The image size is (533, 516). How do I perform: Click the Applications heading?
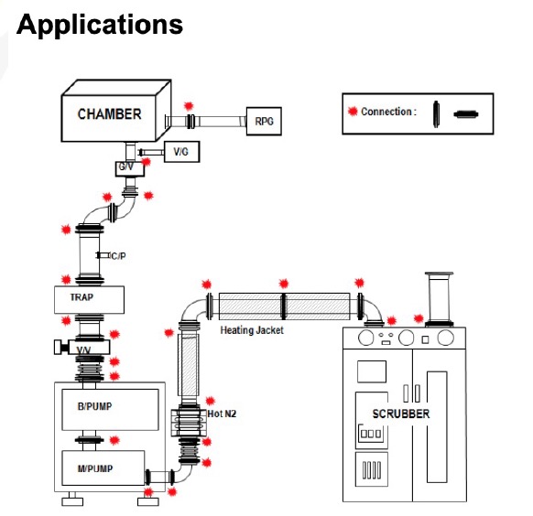[100, 26]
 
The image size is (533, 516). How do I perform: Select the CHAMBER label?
[110, 114]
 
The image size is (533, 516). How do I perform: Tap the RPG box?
[264, 121]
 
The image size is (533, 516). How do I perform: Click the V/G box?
[181, 151]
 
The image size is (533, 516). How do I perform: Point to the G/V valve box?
[129, 168]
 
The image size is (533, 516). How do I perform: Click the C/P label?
[119, 256]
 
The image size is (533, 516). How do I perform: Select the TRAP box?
[89, 300]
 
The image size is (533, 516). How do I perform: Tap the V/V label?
[83, 350]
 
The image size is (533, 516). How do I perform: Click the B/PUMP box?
[110, 409]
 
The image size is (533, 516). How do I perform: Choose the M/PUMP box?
[103, 468]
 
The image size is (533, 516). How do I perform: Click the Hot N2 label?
[222, 414]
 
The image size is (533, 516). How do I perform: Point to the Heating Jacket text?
[252, 330]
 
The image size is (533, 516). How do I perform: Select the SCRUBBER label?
[401, 414]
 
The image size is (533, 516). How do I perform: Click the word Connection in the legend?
[386, 112]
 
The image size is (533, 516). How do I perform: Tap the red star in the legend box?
[353, 111]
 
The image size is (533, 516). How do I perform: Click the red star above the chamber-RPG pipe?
[189, 106]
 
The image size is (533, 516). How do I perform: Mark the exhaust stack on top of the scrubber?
[440, 299]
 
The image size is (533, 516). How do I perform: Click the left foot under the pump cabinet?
[72, 500]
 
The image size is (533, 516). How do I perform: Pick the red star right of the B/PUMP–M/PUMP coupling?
[114, 440]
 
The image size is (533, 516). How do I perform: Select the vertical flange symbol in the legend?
[436, 114]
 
